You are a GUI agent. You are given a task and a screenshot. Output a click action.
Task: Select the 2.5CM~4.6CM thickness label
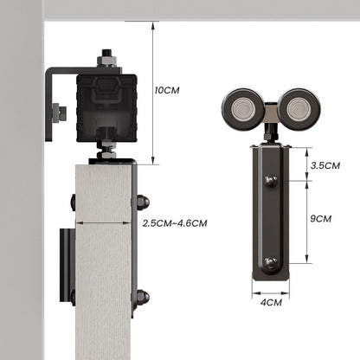point(174,223)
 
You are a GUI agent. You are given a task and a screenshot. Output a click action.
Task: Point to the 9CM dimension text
point(320,218)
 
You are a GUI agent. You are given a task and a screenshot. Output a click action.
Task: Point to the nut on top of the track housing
point(106,59)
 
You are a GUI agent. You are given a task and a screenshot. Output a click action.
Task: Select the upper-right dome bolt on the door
point(142,202)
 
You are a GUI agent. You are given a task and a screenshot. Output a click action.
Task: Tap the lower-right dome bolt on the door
point(142,299)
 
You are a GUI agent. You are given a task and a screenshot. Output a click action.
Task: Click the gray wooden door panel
point(102,260)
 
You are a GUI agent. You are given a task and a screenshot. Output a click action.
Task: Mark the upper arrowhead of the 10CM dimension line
point(152,27)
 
